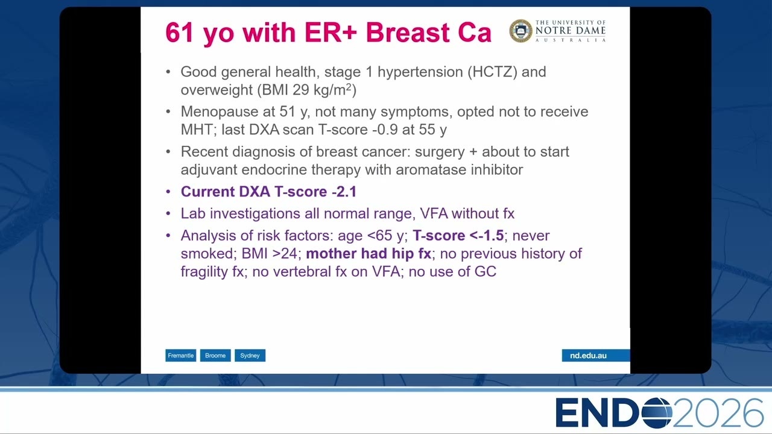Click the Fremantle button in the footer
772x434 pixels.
tap(180, 356)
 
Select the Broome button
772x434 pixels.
tap(215, 356)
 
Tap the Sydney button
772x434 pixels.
tap(250, 356)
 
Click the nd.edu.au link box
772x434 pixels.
tap(595, 356)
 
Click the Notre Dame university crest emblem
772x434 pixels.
tap(520, 31)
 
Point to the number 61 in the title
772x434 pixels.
tap(179, 33)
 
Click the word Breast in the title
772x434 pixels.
tap(408, 33)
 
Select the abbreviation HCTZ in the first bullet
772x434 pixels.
tap(492, 72)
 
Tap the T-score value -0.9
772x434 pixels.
tap(385, 130)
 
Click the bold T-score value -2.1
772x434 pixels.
tap(344, 192)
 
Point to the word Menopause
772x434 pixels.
tap(228, 112)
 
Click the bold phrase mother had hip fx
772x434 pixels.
tap(369, 254)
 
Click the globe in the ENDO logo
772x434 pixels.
tap(657, 413)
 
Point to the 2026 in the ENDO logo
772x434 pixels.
tap(718, 413)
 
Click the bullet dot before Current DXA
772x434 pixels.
tap(168, 192)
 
